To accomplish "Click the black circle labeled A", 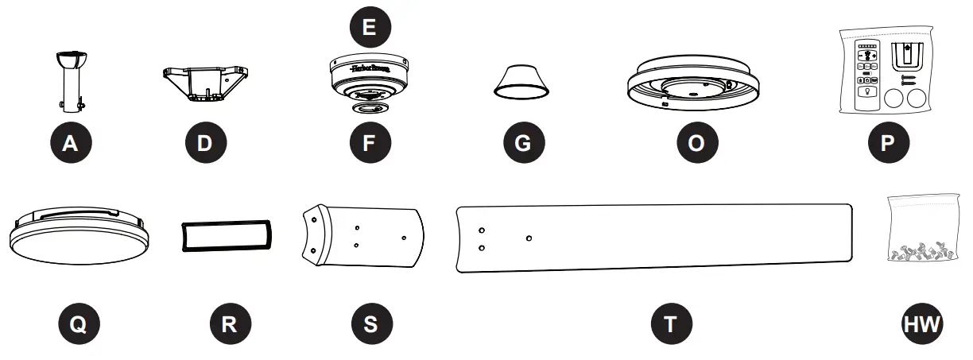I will point(71,143).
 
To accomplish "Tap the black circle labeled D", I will point(205,143).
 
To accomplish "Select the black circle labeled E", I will point(370,28).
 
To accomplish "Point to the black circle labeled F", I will point(370,143).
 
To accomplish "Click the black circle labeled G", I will point(524,143).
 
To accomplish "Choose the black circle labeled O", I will point(696,143).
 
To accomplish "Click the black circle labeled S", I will point(371,323).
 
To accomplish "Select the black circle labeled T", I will point(671,323).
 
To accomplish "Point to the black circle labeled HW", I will point(922,323).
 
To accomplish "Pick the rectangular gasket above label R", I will point(227,236).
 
